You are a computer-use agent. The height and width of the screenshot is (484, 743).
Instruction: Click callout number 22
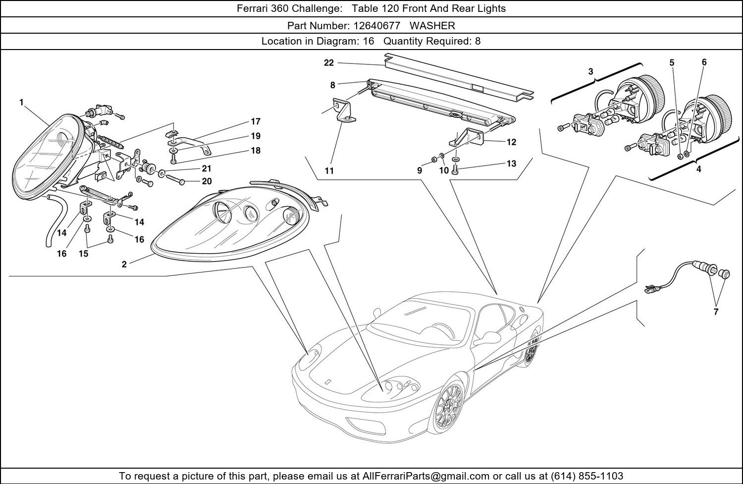click(329, 63)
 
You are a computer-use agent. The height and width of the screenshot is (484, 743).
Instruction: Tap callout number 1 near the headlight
click(22, 103)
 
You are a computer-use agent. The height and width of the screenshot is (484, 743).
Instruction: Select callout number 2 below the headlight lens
click(124, 264)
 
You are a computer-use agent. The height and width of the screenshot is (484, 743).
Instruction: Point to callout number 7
click(716, 312)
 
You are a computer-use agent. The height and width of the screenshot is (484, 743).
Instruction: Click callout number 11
click(329, 171)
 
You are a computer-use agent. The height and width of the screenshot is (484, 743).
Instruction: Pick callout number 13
click(512, 163)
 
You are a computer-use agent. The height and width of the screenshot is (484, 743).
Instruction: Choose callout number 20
click(207, 181)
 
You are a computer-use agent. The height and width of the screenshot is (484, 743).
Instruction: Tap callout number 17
click(256, 121)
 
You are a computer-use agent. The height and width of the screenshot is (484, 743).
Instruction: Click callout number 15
click(83, 254)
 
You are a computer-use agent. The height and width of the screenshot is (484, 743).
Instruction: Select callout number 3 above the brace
click(590, 71)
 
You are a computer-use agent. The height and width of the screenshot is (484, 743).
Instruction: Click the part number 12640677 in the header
click(376, 26)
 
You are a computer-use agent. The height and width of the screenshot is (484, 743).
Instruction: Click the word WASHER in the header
click(432, 26)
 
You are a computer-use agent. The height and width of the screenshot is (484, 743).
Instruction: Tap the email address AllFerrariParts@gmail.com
click(425, 476)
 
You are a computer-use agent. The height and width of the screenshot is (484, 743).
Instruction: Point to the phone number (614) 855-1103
click(587, 476)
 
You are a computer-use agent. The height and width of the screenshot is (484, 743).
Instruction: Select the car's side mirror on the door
click(487, 337)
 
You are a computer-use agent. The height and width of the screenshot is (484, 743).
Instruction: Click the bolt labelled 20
click(175, 179)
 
